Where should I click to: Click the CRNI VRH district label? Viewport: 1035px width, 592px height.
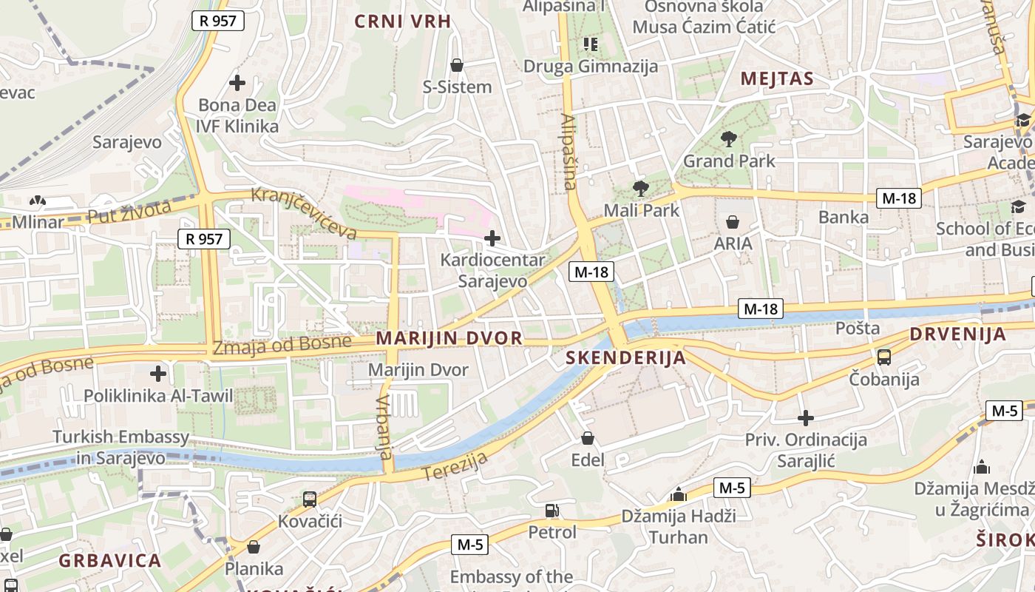click(402, 21)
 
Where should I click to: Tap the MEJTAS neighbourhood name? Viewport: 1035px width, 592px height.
click(776, 78)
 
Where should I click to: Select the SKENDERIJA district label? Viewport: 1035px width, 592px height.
click(625, 358)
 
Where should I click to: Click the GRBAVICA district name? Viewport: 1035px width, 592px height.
click(109, 560)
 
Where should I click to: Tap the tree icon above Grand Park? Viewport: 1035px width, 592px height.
click(729, 138)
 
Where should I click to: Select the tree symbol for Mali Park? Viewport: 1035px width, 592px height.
click(640, 189)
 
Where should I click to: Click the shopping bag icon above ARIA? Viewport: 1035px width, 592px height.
click(733, 222)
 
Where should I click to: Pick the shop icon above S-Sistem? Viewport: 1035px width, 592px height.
click(457, 65)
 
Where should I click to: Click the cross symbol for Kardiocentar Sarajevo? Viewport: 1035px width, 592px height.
click(492, 238)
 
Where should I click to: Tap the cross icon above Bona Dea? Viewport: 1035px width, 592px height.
click(237, 82)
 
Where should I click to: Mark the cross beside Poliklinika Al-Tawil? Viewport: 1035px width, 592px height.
click(157, 374)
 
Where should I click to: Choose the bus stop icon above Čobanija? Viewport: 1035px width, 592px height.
click(883, 357)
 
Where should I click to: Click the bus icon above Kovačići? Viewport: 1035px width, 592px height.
click(310, 499)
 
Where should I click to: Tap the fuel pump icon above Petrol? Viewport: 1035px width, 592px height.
click(552, 510)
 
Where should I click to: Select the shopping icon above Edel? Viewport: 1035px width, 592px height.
click(588, 438)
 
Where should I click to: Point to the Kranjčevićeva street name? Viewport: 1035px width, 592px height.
click(304, 213)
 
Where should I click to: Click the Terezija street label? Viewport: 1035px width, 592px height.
click(455, 465)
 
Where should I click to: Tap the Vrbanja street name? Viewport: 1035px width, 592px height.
click(383, 426)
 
